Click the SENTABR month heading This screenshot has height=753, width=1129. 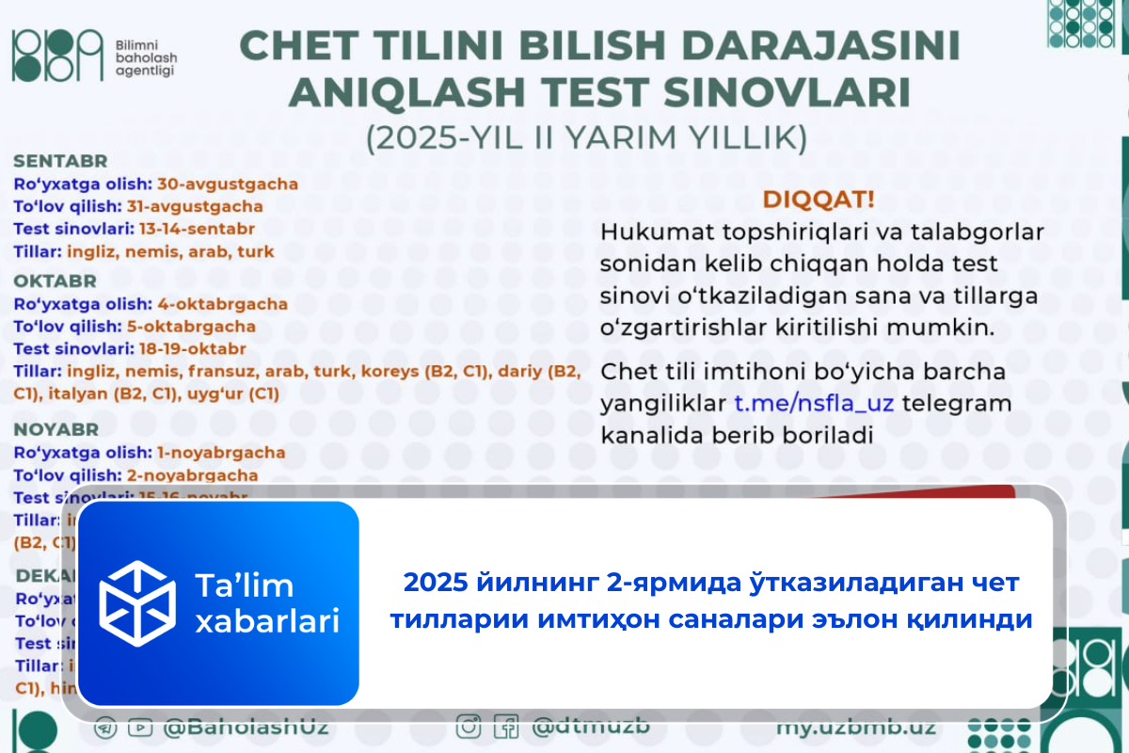[60, 161]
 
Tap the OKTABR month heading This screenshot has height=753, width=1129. [56, 280]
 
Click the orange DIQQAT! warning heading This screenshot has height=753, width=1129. [817, 200]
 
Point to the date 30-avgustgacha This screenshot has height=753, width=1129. [227, 184]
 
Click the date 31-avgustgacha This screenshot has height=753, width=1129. [208, 206]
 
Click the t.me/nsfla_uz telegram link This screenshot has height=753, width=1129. [814, 404]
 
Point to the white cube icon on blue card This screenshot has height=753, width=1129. [138, 602]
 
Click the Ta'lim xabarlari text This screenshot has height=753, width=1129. [266, 603]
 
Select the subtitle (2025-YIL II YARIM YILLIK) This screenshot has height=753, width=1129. [586, 137]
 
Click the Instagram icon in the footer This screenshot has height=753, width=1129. [469, 728]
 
